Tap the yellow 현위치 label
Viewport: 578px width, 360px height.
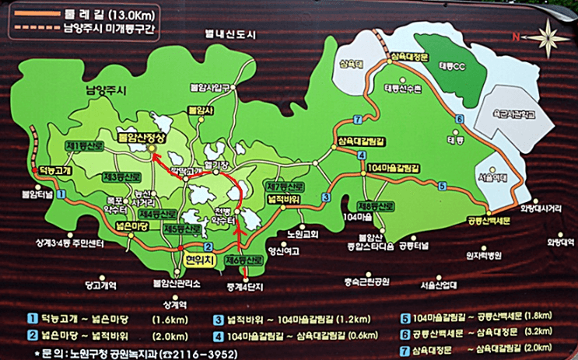click(198, 260)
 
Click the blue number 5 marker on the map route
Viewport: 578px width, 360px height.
click(442, 185)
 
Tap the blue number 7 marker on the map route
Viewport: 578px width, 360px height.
click(357, 119)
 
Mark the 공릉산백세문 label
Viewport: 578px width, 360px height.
click(487, 220)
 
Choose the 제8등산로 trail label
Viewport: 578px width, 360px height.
click(377, 206)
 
